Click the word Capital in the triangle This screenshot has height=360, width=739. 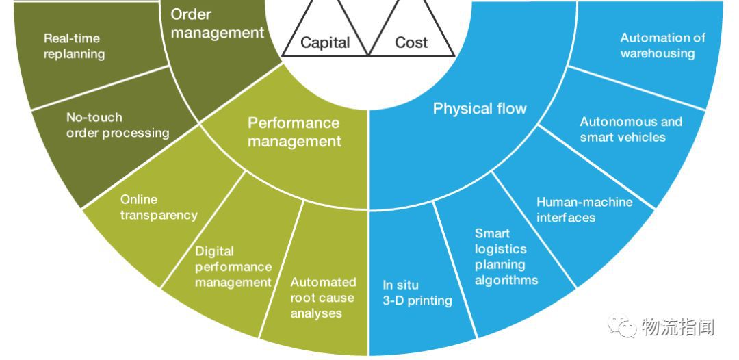[x=325, y=42]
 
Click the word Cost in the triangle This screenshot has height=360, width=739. [x=411, y=42]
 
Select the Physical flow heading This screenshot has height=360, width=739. [x=480, y=108]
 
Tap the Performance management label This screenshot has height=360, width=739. [x=294, y=132]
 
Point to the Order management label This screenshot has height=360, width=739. [x=217, y=23]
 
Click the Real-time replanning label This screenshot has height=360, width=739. [x=74, y=46]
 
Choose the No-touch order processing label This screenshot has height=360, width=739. [x=117, y=125]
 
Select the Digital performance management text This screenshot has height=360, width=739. [x=233, y=266]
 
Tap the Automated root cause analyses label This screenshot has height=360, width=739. [x=323, y=298]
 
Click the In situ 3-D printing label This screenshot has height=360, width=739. [x=417, y=293]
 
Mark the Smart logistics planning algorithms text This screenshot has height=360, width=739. [x=506, y=257]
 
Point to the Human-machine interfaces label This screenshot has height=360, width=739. [x=584, y=209]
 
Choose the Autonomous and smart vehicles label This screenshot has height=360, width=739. [x=631, y=129]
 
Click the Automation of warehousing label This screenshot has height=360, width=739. [x=662, y=45]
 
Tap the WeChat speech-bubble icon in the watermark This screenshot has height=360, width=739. [x=623, y=326]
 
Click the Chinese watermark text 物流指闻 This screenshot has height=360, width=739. [x=677, y=327]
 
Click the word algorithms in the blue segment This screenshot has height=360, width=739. [x=506, y=280]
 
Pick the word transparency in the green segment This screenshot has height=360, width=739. [x=159, y=215]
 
